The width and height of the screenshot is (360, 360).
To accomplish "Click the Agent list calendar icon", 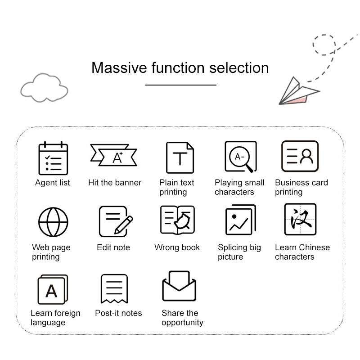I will [53, 158].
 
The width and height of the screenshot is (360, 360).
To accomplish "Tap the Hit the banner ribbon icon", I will [113, 156].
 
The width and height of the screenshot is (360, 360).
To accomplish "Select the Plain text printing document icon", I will [180, 157].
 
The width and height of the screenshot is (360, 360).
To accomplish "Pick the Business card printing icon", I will [300, 156].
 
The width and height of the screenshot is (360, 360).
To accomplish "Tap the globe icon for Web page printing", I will [53, 222].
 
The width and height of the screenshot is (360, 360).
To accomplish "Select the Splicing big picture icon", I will [240, 220].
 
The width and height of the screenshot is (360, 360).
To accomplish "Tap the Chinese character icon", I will [300, 219].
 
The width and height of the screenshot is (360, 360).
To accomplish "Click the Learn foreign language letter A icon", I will [52, 290].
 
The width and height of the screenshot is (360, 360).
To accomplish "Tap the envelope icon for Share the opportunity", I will [179, 286].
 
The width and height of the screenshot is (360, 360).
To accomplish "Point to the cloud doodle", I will [44, 88].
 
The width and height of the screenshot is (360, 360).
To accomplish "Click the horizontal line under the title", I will [180, 85].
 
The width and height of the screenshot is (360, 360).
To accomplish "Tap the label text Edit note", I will [113, 247].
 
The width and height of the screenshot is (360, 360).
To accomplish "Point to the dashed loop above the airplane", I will [324, 44].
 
